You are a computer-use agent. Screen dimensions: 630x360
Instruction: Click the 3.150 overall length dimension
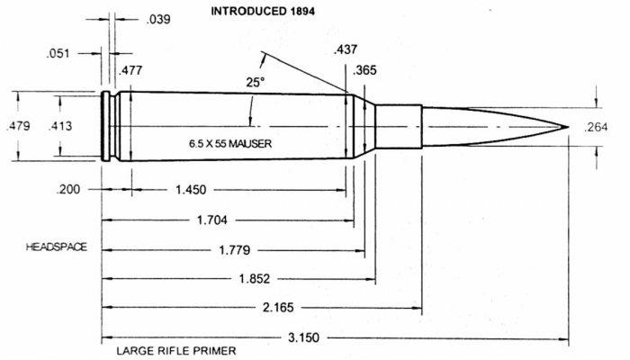304,337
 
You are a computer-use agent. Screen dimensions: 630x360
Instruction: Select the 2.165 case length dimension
278,308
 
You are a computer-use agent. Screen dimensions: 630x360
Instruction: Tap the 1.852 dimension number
255,278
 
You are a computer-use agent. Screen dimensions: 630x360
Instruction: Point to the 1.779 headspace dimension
235,250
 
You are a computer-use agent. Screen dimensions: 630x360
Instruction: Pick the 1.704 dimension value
211,220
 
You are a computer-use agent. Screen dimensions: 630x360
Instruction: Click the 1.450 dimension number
191,190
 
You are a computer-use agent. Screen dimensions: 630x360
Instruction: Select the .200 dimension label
67,189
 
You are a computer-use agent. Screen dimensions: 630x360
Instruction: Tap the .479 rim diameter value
18,126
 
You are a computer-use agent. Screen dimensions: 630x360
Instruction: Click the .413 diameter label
60,126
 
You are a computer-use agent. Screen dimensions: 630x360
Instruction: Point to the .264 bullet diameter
596,128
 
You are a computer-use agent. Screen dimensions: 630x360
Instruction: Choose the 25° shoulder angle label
256,83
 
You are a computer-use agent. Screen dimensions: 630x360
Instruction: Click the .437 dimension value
345,49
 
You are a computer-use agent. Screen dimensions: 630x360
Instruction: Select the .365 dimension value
364,70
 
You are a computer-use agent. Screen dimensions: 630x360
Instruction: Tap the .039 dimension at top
158,19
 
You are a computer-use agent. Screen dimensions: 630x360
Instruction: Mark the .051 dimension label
58,53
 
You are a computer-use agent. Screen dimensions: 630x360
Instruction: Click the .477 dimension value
130,70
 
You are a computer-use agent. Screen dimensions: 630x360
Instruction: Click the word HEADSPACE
56,247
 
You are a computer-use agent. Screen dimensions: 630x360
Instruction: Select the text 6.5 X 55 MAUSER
230,143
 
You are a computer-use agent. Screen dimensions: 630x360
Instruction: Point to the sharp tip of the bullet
568,127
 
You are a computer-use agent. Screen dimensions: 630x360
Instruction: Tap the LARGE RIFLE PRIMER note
176,351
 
